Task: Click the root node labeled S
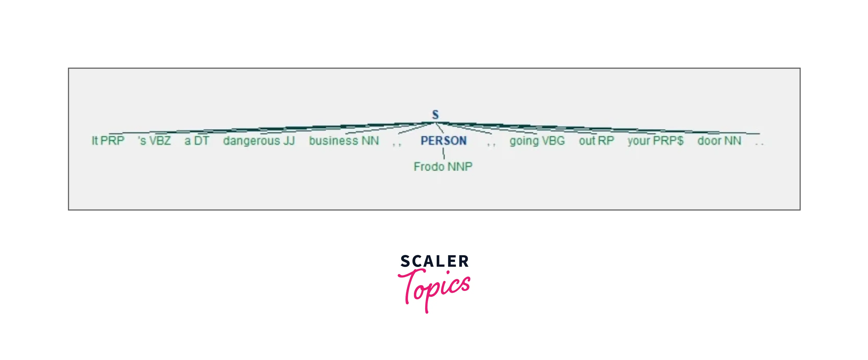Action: coord(435,114)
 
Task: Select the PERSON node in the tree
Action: coord(443,140)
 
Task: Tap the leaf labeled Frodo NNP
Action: coord(443,166)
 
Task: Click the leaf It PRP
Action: coord(108,140)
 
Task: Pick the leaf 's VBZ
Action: coord(155,140)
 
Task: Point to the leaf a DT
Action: coord(197,140)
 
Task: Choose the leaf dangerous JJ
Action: coord(259,140)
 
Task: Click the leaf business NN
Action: coord(344,140)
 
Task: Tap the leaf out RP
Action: coord(596,140)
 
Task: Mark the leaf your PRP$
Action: coord(655,140)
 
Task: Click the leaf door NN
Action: coord(719,140)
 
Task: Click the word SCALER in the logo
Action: coord(434,261)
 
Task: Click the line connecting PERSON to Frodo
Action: coord(443,153)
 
